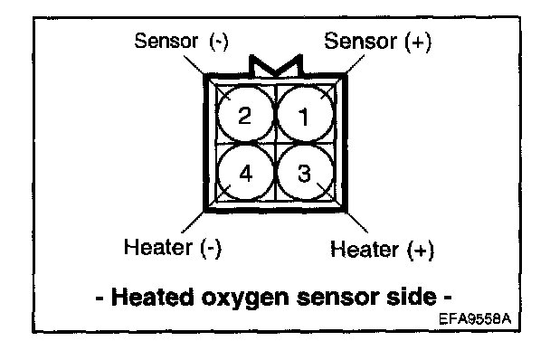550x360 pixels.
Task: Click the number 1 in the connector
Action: (x=304, y=117)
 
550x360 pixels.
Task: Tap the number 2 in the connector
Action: (x=245, y=115)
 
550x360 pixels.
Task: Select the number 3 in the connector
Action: (x=304, y=173)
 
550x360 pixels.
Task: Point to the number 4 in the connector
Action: (x=245, y=174)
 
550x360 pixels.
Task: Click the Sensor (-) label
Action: (x=181, y=41)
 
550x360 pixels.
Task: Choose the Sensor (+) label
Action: (x=378, y=41)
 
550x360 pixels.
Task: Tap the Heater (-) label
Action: (x=173, y=247)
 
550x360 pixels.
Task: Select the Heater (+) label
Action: (x=383, y=250)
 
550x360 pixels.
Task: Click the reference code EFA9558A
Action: (x=475, y=319)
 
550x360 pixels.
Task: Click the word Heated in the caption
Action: (x=152, y=297)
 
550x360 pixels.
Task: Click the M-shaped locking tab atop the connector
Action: (x=276, y=66)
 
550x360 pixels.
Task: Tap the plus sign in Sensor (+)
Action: (x=418, y=42)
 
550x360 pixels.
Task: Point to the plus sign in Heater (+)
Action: (x=421, y=251)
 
